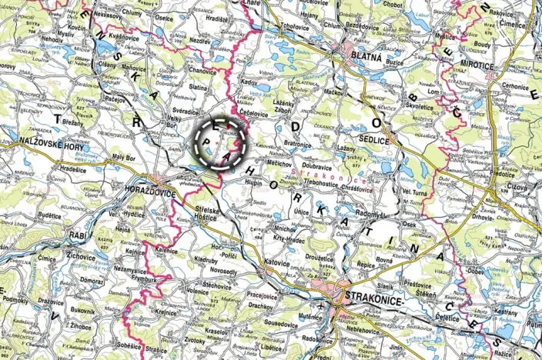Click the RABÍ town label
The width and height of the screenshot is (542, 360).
pyautogui.click(x=77, y=235)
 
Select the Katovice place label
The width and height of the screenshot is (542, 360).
pyautogui.click(x=275, y=263)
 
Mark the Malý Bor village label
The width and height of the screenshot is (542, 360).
pyautogui.click(x=123, y=158)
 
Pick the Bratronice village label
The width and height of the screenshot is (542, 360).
pyautogui.click(x=297, y=143)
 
